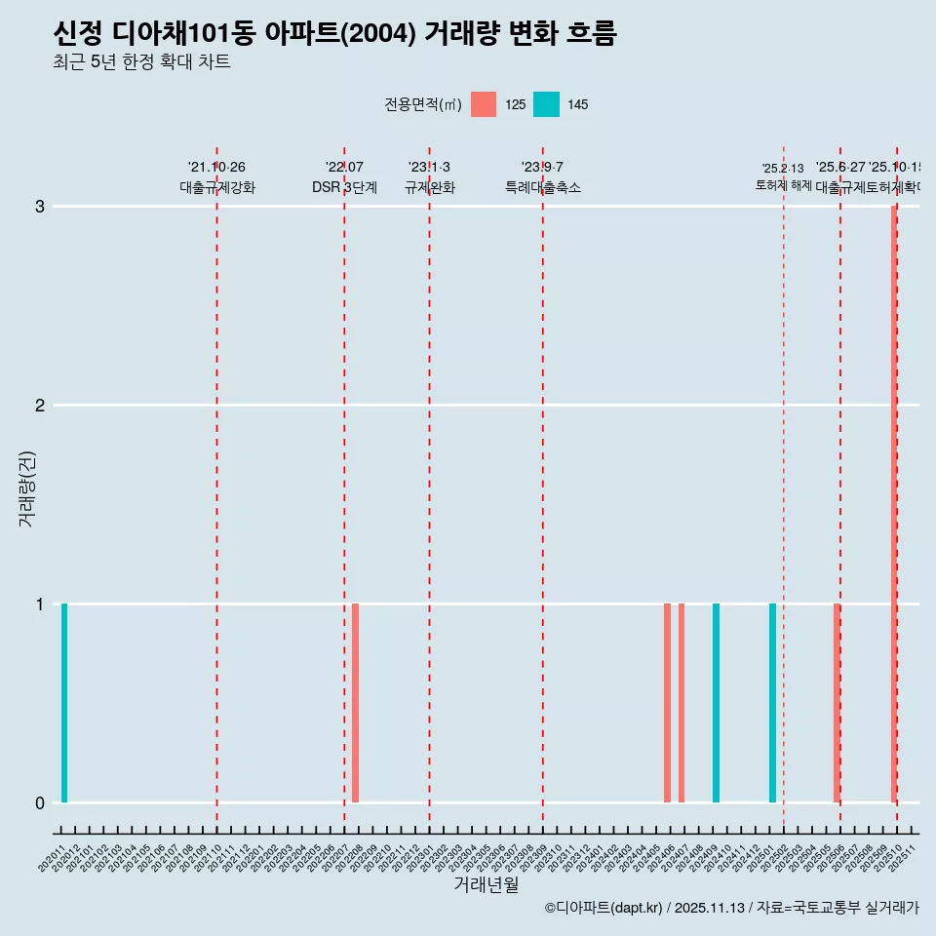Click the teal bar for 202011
pos(64,702)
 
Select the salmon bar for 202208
pos(356,702)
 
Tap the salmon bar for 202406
pos(667,702)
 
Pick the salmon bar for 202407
pos(682,702)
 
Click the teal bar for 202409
pos(716,702)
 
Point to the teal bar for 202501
pos(772,702)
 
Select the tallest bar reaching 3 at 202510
pos(893,503)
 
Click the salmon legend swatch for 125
pos(484,104)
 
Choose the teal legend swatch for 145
pos(546,104)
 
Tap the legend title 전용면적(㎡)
pos(422,104)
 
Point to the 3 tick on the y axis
pos(40,207)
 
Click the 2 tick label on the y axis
pos(40,406)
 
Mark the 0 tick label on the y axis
pos(40,803)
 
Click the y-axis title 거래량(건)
pos(27,487)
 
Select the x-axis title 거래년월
pos(486,884)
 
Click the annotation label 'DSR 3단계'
pos(344,187)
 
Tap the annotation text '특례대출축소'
pos(542,187)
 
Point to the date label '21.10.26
pos(216,168)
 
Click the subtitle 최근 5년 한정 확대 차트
pos(141,62)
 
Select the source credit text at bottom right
pos(731,908)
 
